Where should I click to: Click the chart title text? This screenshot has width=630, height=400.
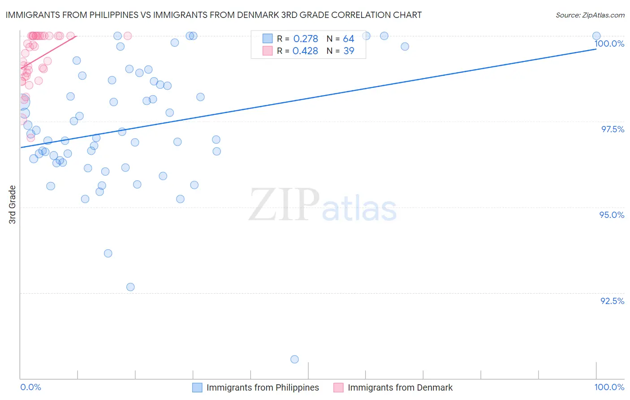coord(213,15)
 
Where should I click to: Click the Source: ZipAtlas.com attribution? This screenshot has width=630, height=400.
coord(590,15)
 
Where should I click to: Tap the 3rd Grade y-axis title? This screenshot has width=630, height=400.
coord(13,204)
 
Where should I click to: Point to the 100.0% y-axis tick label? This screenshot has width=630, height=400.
coord(609,43)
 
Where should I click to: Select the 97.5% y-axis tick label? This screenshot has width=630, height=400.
coord(613,129)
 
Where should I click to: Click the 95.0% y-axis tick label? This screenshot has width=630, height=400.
coord(612,215)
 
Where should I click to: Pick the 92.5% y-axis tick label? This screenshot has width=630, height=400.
coord(612,301)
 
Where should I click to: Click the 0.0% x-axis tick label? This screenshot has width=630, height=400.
coord(30,387)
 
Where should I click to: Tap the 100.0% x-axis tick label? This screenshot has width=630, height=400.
coord(609,387)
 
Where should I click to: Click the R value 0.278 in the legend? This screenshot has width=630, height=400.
coord(306,39)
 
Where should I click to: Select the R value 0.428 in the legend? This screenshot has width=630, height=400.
coord(305,51)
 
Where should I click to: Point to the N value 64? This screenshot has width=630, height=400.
coord(349,39)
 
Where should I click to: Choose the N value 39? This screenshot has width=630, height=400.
coord(349,51)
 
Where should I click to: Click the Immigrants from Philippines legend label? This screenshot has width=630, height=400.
coord(263,387)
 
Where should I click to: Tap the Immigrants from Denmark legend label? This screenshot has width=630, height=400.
coord(400,387)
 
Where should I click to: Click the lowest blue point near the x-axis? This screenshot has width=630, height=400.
coord(294,359)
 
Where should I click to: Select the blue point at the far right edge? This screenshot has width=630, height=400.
coord(596,36)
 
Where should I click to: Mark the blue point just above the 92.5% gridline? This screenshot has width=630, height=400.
coord(130,287)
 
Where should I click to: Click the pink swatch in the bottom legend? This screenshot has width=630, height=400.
coord(338,387)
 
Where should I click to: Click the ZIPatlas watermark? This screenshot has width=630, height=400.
coord(323,205)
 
